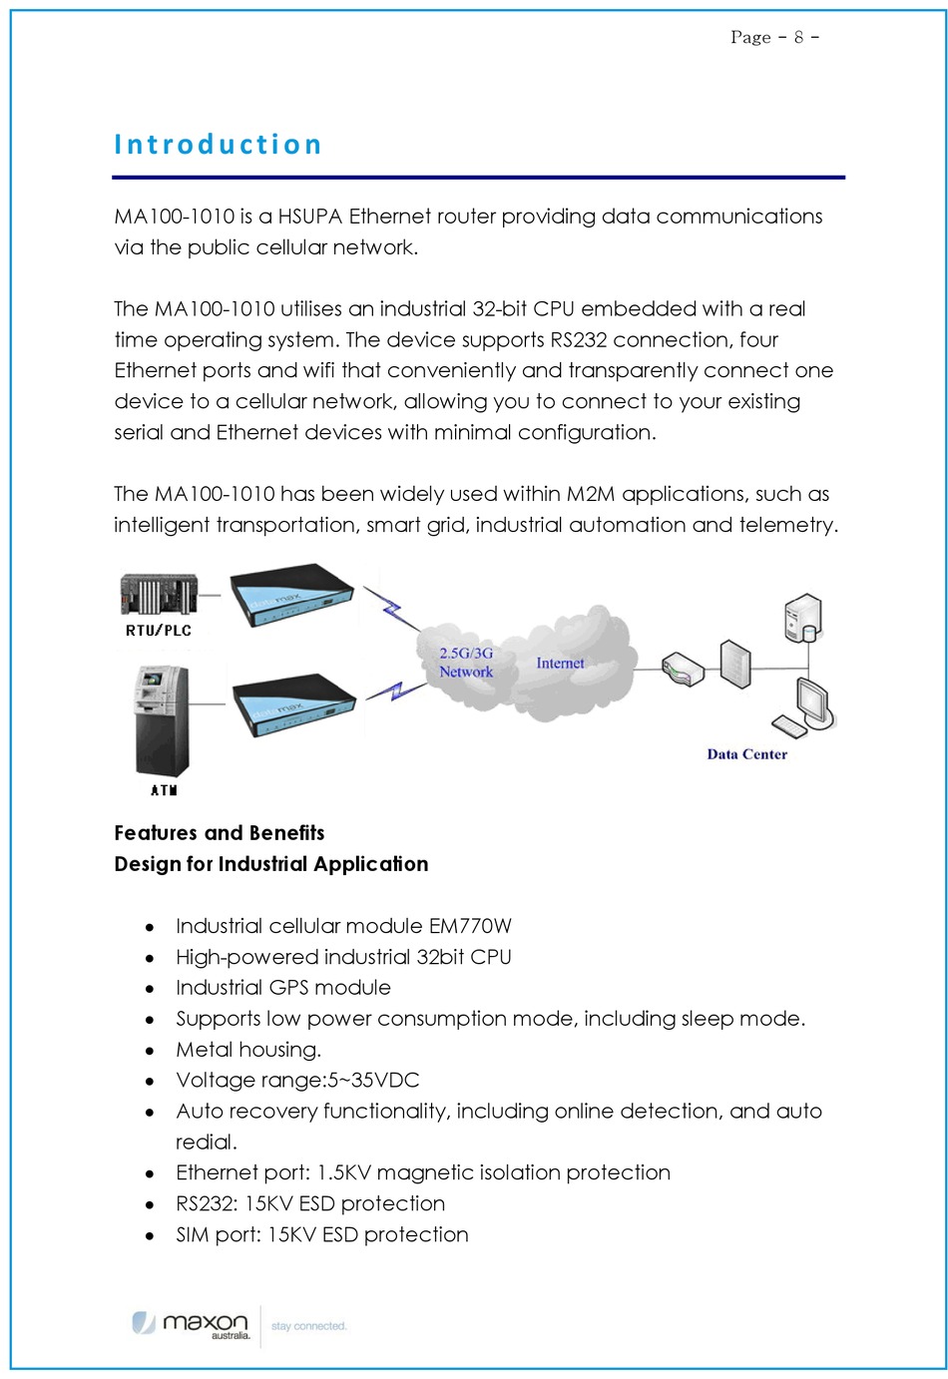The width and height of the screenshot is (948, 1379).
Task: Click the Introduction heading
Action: [218, 145]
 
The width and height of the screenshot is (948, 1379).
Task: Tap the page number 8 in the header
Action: [798, 38]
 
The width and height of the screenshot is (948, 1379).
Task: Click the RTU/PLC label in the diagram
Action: [158, 631]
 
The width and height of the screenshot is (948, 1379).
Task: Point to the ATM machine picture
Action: [162, 720]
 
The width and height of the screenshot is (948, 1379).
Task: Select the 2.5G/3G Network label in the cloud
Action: [466, 663]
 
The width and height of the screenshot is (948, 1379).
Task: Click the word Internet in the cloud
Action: [560, 664]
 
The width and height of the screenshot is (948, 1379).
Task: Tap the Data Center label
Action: [746, 754]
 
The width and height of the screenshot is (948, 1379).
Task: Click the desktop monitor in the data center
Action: [812, 701]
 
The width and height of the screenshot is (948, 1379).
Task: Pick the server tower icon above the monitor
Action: [803, 618]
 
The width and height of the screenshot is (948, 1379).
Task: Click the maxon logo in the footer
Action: [192, 1324]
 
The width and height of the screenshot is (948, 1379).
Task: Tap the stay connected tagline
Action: [308, 1326]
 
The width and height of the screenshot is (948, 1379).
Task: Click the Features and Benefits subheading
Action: [219, 833]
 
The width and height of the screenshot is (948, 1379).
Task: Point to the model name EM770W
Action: [470, 926]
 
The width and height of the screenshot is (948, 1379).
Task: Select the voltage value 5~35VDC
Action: [373, 1081]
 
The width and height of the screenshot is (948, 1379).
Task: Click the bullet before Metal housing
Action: [150, 1051]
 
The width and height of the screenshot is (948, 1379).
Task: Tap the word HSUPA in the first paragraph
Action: [310, 217]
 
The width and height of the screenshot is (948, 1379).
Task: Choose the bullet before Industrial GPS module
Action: [150, 989]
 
